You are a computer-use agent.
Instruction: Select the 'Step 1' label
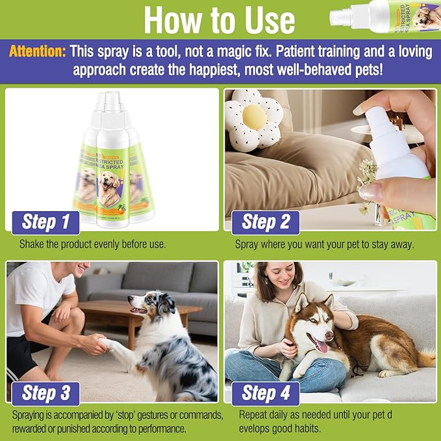(x=46, y=221)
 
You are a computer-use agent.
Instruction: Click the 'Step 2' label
(x=266, y=221)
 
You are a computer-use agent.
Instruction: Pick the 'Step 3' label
(x=46, y=393)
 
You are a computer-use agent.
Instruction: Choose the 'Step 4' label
(x=266, y=393)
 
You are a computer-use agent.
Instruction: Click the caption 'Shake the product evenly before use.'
(x=92, y=245)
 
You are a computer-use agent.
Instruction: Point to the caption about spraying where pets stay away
(x=325, y=245)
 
